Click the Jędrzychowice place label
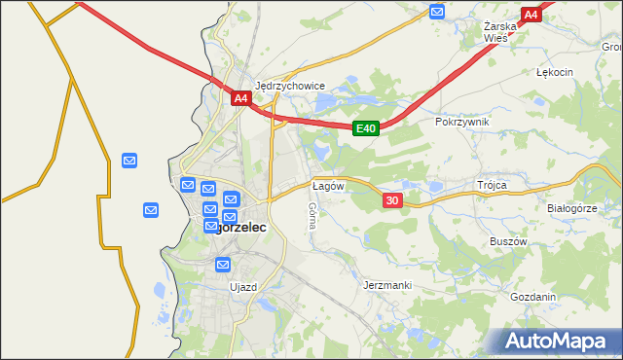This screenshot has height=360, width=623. (x=289, y=86)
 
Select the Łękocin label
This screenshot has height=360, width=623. (x=555, y=72)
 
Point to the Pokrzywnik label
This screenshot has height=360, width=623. (x=462, y=122)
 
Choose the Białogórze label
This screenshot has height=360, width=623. (x=571, y=207)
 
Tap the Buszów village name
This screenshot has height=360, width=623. (x=508, y=239)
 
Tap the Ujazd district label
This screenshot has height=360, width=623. (x=242, y=287)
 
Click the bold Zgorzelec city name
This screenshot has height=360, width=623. (x=239, y=227)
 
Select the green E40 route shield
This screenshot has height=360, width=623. (x=365, y=128)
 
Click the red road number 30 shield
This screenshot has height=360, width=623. (x=391, y=199)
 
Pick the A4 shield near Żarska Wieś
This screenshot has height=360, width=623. (x=531, y=15)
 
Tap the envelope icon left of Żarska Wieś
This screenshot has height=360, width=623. (x=437, y=12)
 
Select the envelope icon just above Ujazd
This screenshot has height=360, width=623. (x=223, y=264)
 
